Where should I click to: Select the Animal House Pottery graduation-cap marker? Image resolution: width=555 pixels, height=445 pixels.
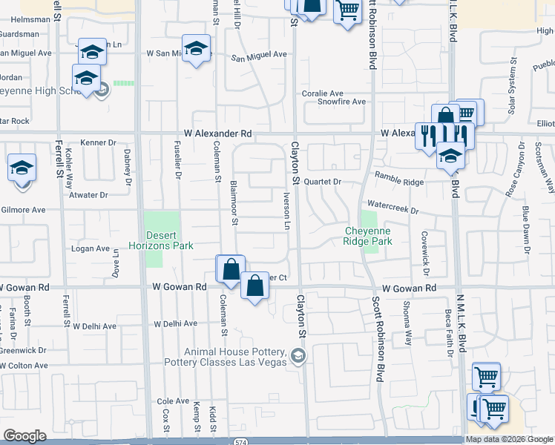298,356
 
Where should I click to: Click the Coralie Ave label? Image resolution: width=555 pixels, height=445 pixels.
321,93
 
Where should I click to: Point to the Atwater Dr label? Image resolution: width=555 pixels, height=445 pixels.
88,195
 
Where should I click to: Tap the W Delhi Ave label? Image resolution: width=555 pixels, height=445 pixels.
176,324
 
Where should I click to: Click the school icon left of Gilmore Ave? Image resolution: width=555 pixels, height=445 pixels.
22,168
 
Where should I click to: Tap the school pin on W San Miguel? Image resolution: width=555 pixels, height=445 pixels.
196,49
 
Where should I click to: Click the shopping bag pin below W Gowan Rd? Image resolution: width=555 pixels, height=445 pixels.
254,286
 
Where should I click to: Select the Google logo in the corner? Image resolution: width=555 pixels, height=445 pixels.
24,436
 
